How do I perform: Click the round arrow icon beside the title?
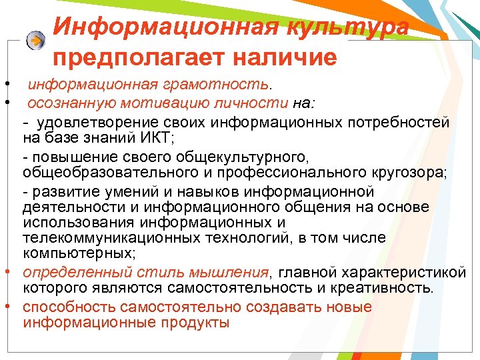[x=35, y=40]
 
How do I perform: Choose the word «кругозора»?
[x=411, y=172]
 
